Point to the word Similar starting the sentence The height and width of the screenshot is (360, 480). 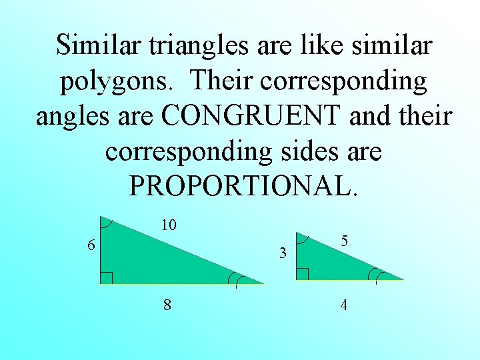98,46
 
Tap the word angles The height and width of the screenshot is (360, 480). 75,117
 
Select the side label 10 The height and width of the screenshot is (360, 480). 169,226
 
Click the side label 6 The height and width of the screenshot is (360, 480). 91,245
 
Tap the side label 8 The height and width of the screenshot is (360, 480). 167,305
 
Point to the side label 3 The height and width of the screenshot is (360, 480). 283,253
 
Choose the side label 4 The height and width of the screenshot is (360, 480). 343,305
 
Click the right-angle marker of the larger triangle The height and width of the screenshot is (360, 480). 106,277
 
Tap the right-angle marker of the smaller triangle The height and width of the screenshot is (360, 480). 302,274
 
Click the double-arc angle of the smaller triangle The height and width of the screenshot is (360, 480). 378,275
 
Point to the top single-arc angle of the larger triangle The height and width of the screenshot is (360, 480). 107,223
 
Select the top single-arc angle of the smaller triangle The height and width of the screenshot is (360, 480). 302,238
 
